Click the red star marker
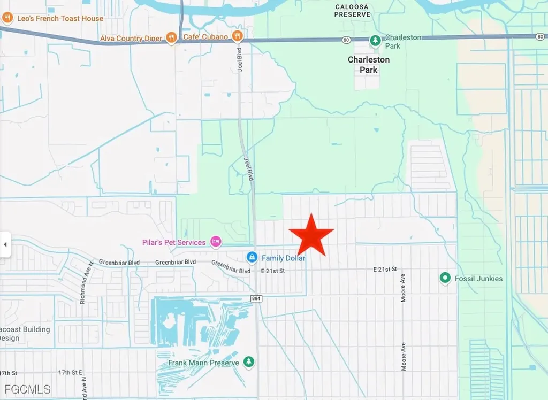coord(311,236)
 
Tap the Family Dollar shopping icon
coord(252,258)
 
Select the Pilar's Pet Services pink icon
coord(215,242)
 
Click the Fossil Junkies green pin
coord(445,278)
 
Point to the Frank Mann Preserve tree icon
coord(249,363)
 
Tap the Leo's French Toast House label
coord(59,18)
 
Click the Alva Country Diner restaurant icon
coord(171,37)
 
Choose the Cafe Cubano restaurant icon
coord(238,36)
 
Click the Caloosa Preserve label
coord(352,11)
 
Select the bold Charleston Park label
coord(369,64)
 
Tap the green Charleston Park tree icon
coord(376,40)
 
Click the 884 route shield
coord(256,298)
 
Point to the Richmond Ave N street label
coord(83,282)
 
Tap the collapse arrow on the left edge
coord(5,244)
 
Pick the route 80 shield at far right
coord(540,36)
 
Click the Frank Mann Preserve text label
coord(203,363)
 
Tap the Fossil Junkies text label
coord(478,278)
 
